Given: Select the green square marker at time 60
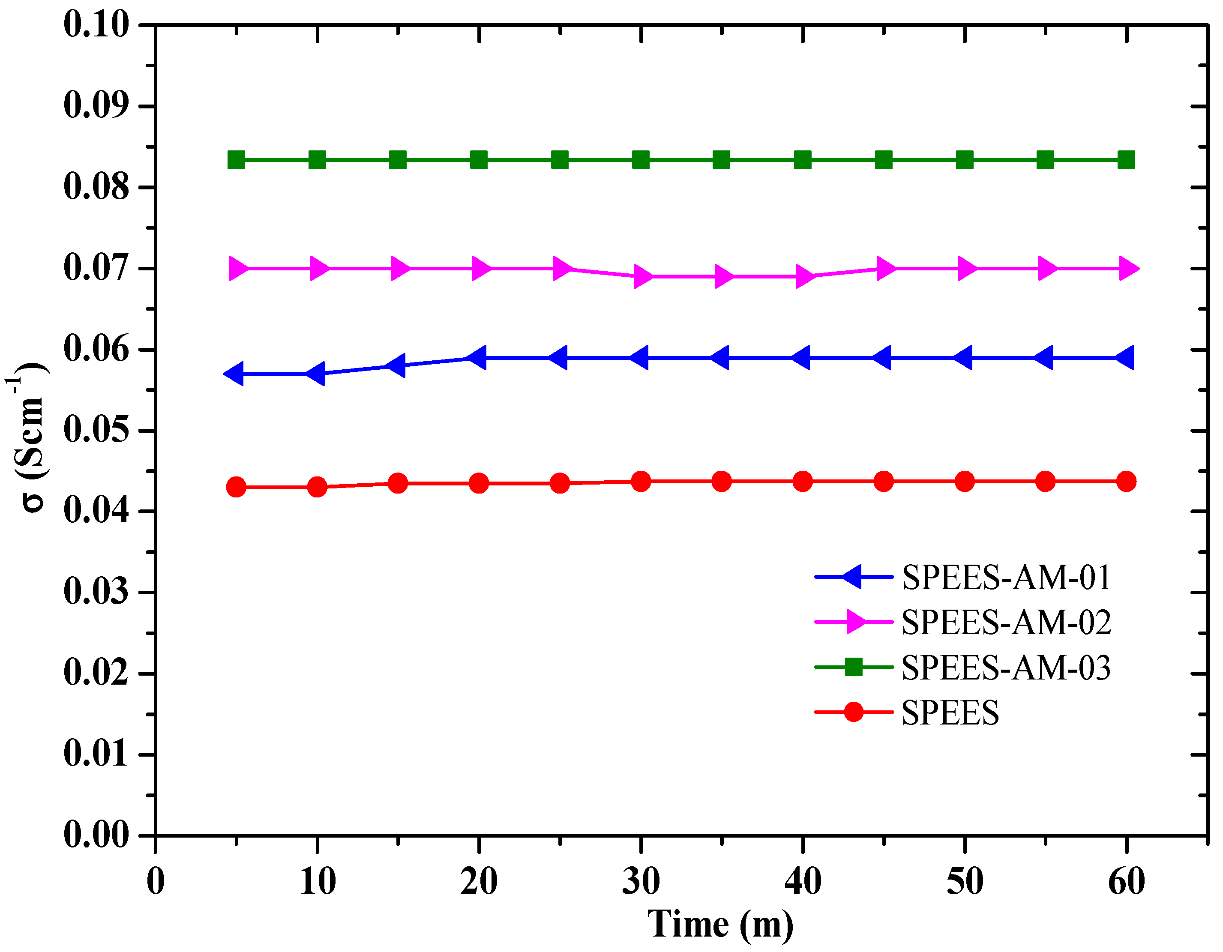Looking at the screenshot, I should [1126, 160].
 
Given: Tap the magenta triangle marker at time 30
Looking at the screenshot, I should [642, 277].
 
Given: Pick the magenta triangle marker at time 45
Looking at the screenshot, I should [885, 269].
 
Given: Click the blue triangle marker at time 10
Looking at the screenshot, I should [316, 374].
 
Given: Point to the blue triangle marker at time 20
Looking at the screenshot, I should [477, 357].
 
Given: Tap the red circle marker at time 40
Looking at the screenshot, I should [803, 481].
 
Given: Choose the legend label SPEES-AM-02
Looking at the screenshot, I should [1006, 622].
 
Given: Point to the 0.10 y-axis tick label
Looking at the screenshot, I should [96, 25].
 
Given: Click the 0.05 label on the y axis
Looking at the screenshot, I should [96, 431].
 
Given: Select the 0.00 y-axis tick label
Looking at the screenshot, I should [96, 835].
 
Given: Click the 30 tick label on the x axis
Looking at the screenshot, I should [641, 882].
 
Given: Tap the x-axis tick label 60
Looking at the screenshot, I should [1126, 882].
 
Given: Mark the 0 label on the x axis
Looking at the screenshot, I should [156, 882].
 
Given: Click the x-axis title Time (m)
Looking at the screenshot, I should [720, 924].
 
